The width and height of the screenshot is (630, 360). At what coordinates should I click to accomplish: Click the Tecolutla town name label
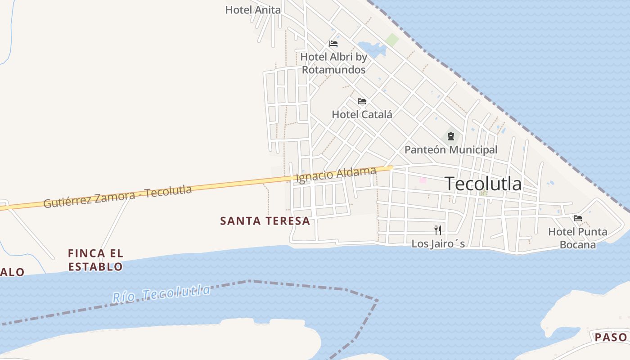483,184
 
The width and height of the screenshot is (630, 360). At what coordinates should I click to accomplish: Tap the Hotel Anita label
253,10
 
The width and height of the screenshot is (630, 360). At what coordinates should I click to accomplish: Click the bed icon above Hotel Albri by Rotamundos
333,44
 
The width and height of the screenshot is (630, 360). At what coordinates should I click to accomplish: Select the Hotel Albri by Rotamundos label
333,63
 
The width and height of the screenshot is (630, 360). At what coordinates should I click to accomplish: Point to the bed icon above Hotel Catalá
362,101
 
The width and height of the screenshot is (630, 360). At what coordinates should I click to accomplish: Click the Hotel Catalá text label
362,115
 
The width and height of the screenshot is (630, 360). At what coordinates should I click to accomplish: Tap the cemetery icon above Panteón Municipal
450,136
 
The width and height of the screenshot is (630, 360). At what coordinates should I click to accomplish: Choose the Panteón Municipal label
451,150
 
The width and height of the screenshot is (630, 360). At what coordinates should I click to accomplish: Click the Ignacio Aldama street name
336,174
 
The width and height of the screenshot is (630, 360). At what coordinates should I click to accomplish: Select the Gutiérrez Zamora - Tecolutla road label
117,197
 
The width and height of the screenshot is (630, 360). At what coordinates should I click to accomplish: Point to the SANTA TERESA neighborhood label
265,221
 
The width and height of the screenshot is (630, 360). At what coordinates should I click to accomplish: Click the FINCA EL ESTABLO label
95,260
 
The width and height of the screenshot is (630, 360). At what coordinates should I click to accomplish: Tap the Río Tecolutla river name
161,293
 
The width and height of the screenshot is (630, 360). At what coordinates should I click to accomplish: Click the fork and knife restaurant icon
438,230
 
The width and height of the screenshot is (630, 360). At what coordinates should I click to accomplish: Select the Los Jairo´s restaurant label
438,244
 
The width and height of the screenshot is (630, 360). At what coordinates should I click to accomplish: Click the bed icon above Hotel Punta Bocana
578,218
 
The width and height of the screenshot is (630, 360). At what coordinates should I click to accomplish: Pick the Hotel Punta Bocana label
578,238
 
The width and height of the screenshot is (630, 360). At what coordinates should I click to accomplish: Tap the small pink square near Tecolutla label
423,180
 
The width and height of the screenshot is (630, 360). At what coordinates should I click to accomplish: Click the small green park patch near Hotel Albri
392,40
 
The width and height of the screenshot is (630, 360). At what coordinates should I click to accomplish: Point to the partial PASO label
611,337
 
